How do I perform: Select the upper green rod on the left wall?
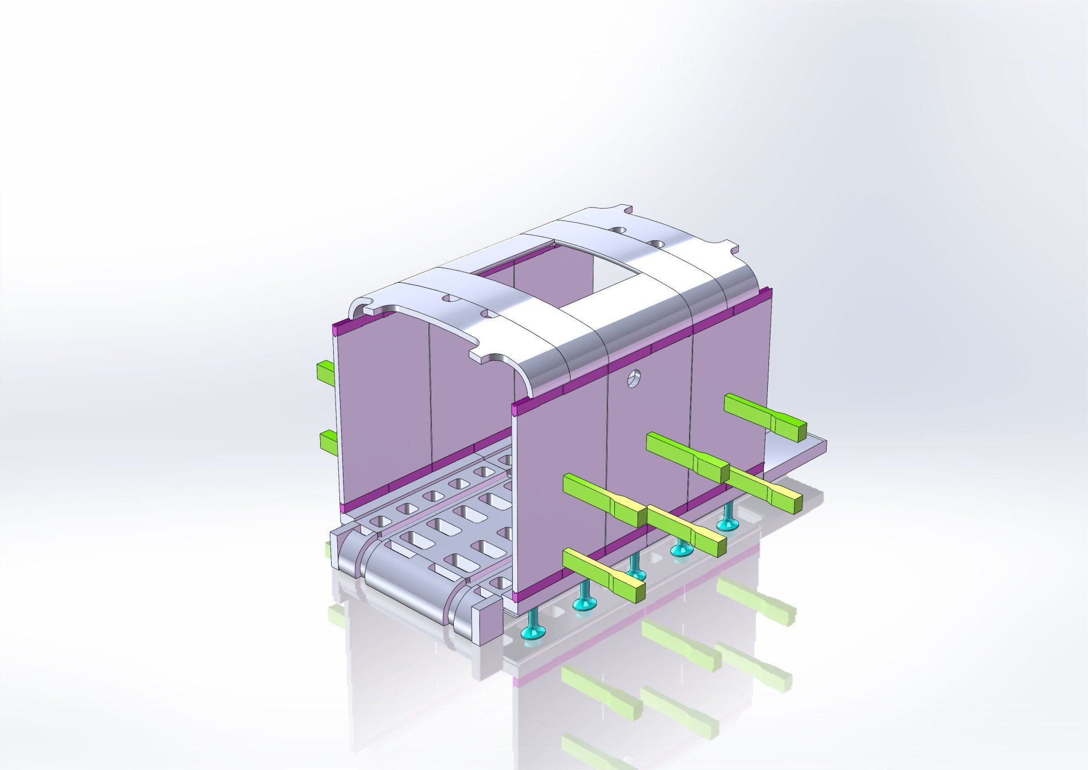325,370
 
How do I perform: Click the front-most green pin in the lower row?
604,574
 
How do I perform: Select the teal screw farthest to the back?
727,519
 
